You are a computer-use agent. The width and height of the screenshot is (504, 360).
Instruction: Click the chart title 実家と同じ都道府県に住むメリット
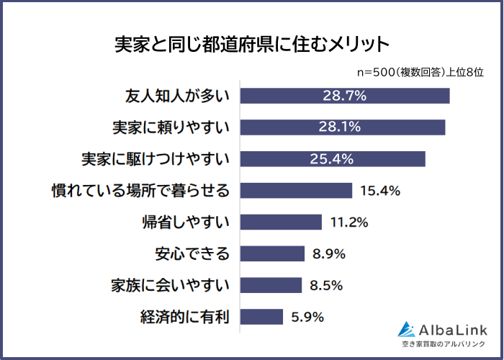click(251, 45)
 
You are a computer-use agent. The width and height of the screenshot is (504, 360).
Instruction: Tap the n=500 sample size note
click(420, 73)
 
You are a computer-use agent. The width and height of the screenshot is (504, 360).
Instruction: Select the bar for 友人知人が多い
click(344, 96)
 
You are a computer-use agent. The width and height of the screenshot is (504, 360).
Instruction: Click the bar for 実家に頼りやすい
click(342, 127)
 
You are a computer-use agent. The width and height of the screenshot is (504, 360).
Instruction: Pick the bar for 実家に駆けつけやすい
click(332, 158)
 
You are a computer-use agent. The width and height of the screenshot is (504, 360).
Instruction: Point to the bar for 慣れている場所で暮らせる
click(296, 190)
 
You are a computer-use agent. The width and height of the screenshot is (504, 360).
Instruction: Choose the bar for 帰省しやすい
click(281, 222)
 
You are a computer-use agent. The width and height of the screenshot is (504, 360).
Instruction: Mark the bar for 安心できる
click(272, 253)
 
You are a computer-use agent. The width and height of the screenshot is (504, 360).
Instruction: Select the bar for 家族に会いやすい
click(271, 285)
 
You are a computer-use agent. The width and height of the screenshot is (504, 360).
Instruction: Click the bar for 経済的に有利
click(261, 317)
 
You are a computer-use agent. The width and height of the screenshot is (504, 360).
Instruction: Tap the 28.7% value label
click(343, 96)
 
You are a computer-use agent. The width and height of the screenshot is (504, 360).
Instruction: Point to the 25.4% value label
click(332, 158)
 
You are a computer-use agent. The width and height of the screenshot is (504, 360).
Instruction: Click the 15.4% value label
click(378, 191)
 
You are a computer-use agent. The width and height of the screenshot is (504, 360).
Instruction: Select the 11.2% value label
click(348, 222)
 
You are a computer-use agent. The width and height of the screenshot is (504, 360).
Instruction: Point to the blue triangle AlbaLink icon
click(408, 329)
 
